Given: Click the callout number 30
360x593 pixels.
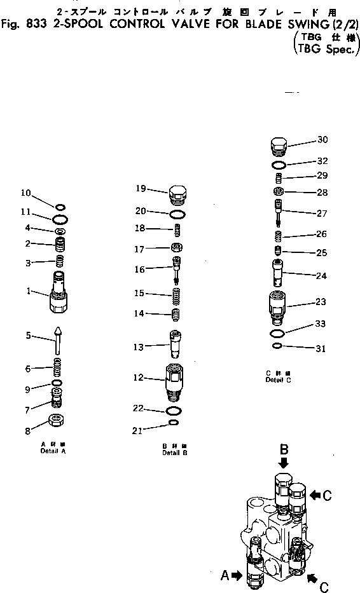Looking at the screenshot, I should tap(322, 140).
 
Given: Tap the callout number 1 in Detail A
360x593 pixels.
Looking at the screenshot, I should tap(29, 292).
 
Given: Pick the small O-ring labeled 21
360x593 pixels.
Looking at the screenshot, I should tap(174, 422).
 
